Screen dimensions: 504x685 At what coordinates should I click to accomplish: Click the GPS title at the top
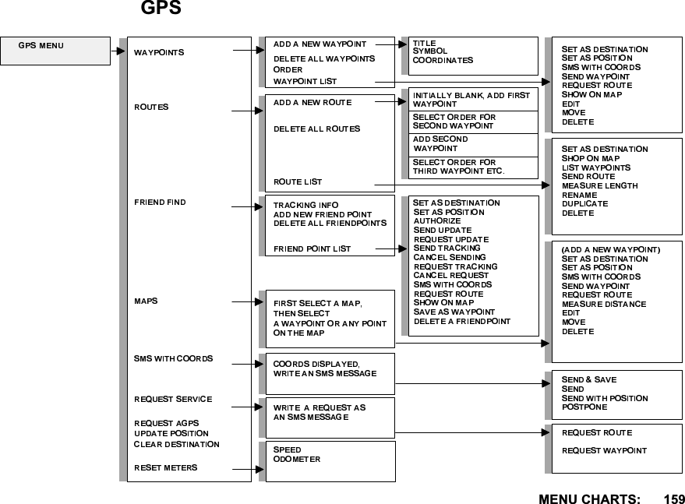[161, 9]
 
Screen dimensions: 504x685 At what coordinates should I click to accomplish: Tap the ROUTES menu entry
[151, 106]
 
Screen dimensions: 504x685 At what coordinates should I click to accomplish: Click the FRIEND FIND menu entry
[160, 203]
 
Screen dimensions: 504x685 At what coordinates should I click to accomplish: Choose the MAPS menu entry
[146, 300]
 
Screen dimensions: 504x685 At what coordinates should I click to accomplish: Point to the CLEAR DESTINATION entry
[176, 444]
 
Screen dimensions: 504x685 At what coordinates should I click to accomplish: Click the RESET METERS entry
[165, 467]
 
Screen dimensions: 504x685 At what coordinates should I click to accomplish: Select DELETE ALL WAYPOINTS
[323, 58]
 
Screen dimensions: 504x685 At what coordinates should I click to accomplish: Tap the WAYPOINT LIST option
[305, 81]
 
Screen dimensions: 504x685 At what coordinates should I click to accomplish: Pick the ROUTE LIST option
[298, 182]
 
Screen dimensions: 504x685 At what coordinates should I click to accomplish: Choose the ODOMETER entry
[297, 460]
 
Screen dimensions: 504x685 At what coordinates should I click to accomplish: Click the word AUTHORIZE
[436, 221]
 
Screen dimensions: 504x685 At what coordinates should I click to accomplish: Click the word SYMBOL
[430, 51]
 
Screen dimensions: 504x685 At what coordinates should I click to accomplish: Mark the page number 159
[674, 497]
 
